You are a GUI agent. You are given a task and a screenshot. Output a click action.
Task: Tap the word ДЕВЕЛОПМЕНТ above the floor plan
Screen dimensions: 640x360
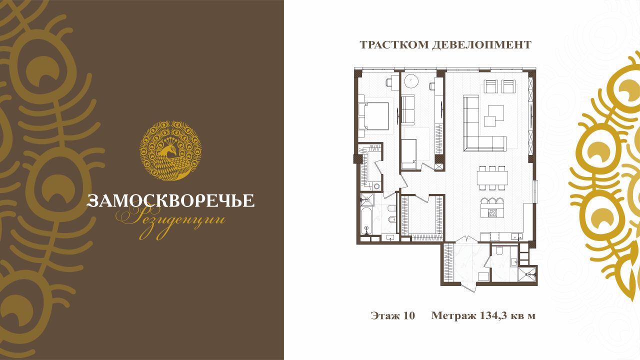point(481,45)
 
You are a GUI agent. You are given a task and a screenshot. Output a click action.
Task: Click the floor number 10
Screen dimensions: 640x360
point(409,315)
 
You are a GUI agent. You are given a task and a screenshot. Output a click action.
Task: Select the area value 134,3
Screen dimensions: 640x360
point(489,316)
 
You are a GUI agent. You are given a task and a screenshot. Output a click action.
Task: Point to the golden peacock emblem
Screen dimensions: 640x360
point(170,150)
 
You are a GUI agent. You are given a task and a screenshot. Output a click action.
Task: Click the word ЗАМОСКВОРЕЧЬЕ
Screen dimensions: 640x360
point(170,200)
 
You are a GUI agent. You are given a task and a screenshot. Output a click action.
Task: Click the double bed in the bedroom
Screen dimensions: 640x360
point(373,116)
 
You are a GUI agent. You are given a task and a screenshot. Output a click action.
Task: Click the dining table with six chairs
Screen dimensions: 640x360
point(492,177)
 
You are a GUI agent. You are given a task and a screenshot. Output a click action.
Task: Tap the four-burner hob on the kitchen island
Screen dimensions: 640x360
point(492,212)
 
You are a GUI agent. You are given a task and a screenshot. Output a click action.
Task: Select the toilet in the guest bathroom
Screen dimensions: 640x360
point(499,250)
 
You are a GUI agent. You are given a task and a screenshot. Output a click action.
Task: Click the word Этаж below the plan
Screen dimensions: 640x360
point(385,315)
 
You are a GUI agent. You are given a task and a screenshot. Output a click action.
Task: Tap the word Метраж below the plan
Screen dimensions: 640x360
point(453,316)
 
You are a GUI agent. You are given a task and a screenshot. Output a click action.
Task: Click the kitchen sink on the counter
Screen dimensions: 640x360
point(517,237)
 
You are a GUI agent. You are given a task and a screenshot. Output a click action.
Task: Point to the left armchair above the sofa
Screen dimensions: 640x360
point(491,86)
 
